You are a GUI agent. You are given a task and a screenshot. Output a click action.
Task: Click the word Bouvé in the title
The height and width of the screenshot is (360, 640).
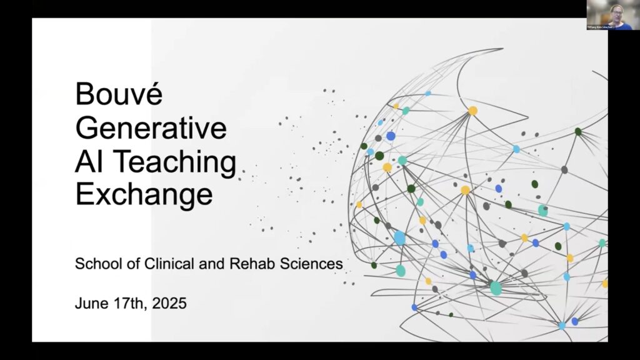tap(119, 96)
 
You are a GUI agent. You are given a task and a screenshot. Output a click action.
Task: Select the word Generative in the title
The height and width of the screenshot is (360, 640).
tap(151, 129)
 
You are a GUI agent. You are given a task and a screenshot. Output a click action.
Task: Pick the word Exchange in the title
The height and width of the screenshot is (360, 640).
tap(144, 196)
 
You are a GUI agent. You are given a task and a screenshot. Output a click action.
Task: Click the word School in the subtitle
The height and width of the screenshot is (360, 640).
tap(94, 264)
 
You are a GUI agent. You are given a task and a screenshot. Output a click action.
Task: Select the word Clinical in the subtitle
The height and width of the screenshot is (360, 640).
tap(159, 264)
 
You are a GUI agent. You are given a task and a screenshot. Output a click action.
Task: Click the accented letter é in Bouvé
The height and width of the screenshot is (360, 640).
tap(153, 96)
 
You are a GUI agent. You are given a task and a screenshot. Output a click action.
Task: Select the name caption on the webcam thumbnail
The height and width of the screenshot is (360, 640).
tap(601, 27)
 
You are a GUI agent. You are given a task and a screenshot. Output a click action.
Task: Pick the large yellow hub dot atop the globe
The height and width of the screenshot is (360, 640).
tap(473, 111)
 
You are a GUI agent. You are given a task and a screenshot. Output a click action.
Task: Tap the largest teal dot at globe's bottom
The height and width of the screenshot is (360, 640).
tap(496, 288)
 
